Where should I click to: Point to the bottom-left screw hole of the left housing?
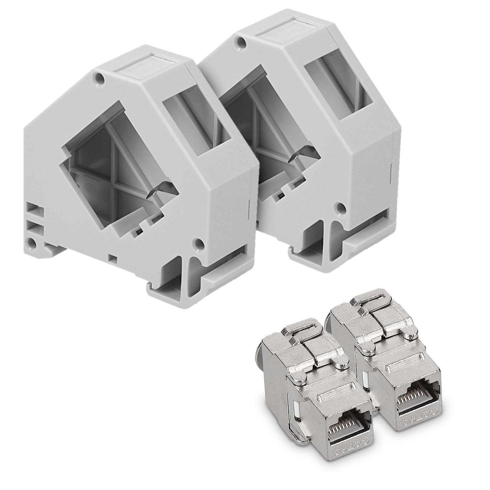[x=31, y=242]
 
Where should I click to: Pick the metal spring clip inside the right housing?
[x=299, y=156]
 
